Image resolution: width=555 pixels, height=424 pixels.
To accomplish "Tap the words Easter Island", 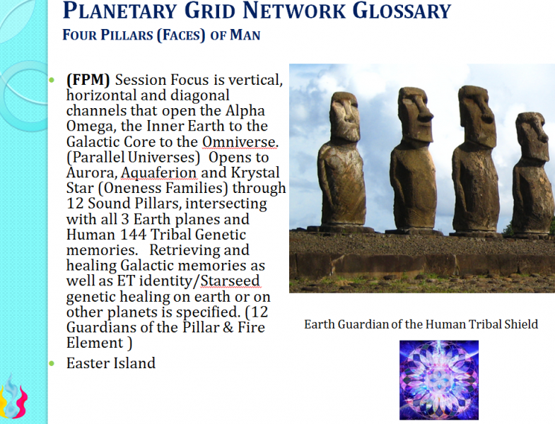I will pyautogui.click(x=110, y=363).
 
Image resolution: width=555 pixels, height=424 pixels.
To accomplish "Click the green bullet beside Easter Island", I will pyautogui.click(x=52, y=363).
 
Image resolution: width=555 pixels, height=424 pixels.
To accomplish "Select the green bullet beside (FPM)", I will pyautogui.click(x=52, y=80).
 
